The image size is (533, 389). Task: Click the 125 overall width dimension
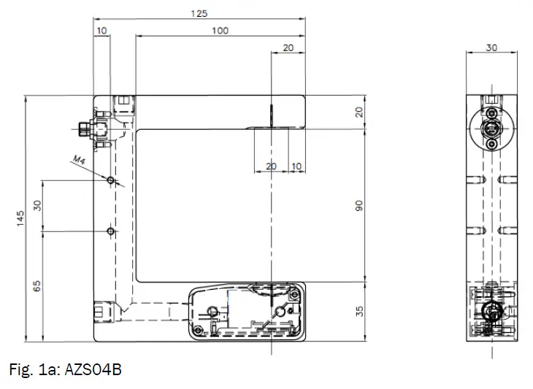[x=199, y=13]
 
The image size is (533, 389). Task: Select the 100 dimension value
[x=220, y=30]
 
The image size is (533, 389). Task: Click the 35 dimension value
[x=358, y=312]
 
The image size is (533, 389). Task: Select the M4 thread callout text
[x=80, y=160]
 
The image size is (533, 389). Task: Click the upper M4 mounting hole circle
[x=110, y=180]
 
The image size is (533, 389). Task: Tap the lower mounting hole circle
[x=110, y=231]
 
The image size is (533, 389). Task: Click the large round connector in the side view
[x=491, y=129]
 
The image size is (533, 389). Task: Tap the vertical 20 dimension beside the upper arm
[x=358, y=112]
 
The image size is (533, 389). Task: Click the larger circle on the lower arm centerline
[x=279, y=312]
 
